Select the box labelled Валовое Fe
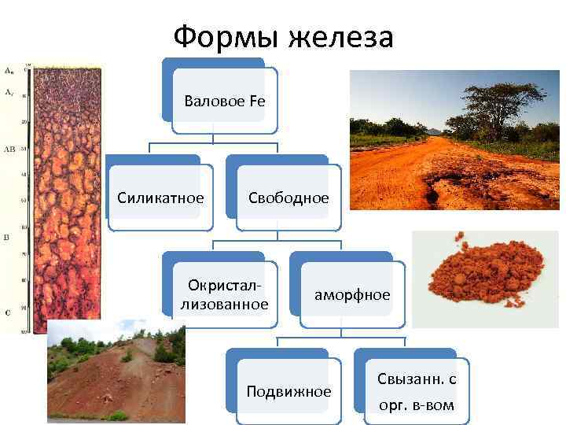click(224, 101)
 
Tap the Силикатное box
click(160, 198)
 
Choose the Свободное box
click(288, 198)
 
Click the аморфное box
click(351, 295)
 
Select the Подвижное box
click(289, 391)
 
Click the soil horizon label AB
click(10, 147)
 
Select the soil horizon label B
click(7, 236)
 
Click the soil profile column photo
click(59, 197)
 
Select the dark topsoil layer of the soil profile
click(59, 87)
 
